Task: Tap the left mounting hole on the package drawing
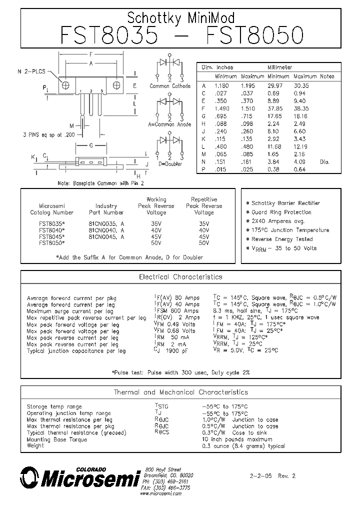click(65, 85)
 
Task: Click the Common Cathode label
click(170, 86)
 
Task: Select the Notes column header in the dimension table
click(327, 76)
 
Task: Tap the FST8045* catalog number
click(51, 236)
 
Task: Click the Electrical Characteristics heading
click(180, 276)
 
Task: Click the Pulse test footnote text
click(180, 372)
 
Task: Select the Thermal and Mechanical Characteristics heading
click(180, 392)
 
